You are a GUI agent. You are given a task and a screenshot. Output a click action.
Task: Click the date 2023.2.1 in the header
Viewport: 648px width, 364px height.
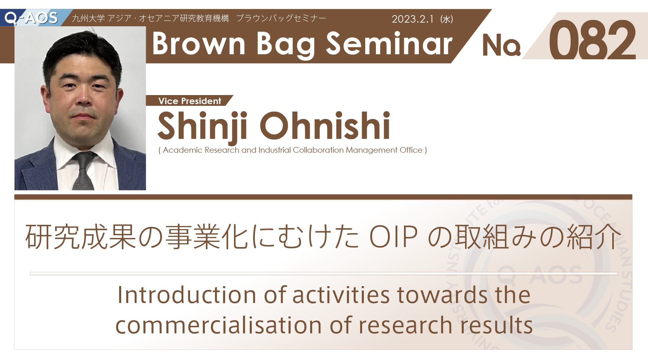[x=412, y=19]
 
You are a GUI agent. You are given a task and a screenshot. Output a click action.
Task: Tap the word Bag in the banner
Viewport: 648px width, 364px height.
[x=286, y=45]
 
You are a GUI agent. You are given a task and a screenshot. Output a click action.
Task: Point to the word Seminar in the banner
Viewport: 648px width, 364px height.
[x=389, y=43]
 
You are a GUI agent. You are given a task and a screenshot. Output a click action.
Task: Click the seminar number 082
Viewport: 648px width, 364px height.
[x=592, y=40]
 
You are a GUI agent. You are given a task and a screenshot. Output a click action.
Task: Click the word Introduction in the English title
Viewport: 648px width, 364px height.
[x=187, y=295]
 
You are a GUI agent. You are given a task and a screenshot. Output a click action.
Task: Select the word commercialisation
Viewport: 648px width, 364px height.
[x=219, y=326]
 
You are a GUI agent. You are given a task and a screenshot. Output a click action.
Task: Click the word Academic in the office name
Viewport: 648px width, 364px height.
[x=183, y=150]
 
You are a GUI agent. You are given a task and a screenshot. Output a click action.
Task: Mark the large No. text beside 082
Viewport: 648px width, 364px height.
[x=502, y=45]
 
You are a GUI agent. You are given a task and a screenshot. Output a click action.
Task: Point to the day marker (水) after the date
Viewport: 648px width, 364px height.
[x=447, y=19]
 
